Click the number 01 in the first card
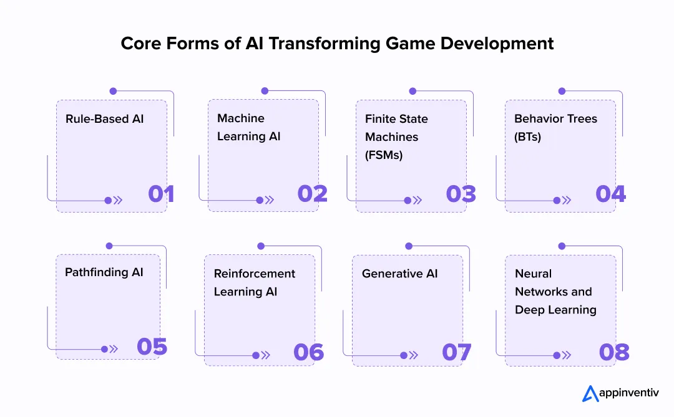coord(161,194)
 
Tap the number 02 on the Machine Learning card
coord(313,194)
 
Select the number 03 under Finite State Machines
coord(461,194)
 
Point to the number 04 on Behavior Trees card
coord(610,194)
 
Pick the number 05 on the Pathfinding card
coord(152,347)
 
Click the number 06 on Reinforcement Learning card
coord(309,352)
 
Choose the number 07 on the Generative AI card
coord(457,352)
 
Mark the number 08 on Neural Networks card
coord(614,352)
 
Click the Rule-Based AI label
coord(104,118)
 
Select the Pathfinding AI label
coord(104,272)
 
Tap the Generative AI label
coord(400,274)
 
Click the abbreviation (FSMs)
coord(384,155)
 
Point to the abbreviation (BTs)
coord(527,137)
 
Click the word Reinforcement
coord(255,274)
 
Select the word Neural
coord(534,274)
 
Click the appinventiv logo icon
coord(590,393)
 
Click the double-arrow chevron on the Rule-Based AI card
coord(118,200)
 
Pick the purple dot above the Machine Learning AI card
coord(265,91)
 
